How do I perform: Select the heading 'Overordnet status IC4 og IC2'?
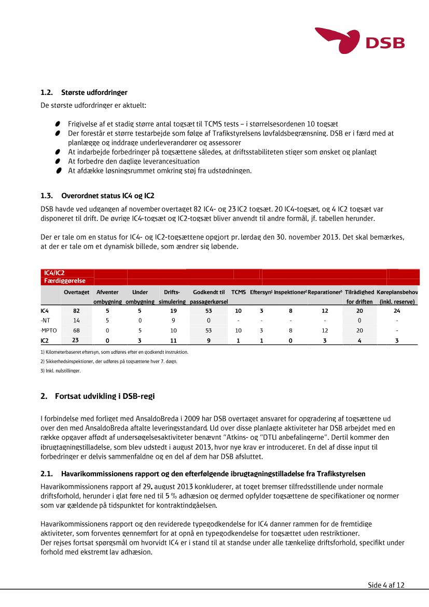tap(107, 196)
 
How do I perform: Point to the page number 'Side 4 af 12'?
tap(386, 585)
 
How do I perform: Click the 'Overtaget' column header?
tap(76, 293)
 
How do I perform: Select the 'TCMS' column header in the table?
tap(239, 293)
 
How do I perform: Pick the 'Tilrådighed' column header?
tap(359, 293)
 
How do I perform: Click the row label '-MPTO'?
tap(49, 330)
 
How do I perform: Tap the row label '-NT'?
tap(46, 321)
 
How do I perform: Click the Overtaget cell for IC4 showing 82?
tap(76, 311)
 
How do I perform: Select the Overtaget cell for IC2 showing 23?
tap(75, 340)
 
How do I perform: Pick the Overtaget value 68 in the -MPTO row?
tap(76, 330)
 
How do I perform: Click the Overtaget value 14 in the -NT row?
tap(76, 321)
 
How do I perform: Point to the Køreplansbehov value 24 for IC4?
tap(397, 311)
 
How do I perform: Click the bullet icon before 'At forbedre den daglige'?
tap(59, 161)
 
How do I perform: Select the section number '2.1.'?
tap(47, 474)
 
